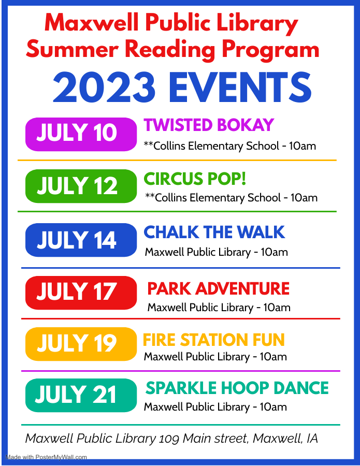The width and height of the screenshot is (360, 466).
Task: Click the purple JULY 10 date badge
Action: pyautogui.click(x=81, y=134)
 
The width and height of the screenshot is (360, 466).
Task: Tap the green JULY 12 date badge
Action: pyautogui.click(x=81, y=186)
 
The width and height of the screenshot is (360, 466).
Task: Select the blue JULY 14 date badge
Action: pyautogui.click(x=81, y=240)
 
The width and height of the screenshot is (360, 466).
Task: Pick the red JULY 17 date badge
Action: pyautogui.click(x=81, y=293)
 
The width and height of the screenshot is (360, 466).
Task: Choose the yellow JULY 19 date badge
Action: pyautogui.click(x=81, y=344)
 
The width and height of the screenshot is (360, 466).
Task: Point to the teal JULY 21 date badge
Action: pyautogui.click(x=81, y=395)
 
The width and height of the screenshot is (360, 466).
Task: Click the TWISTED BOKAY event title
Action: pyautogui.click(x=209, y=125)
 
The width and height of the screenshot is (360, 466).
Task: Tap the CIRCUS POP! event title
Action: pyautogui.click(x=195, y=179)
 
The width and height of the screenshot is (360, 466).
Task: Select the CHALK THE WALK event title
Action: pyautogui.click(x=214, y=232)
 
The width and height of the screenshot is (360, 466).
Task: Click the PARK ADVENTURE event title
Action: pyautogui.click(x=219, y=288)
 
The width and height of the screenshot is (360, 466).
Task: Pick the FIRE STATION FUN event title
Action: pyautogui.click(x=214, y=340)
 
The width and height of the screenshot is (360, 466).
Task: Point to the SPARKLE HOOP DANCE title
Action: pyautogui.click(x=237, y=388)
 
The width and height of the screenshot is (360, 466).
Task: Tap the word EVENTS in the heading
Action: pyautogui.click(x=240, y=88)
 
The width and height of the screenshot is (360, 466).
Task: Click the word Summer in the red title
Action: pyautogui.click(x=72, y=49)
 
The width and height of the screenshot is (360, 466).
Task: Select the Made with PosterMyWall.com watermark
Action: pyautogui.click(x=46, y=457)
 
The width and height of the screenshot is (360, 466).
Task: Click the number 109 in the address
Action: pyautogui.click(x=169, y=439)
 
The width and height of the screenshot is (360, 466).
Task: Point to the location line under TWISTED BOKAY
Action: pyautogui.click(x=230, y=146)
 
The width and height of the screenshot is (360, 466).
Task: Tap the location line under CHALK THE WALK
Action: pyautogui.click(x=217, y=252)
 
